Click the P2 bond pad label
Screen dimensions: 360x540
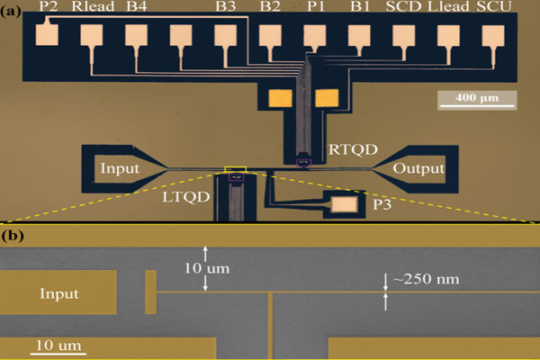tap(49, 7)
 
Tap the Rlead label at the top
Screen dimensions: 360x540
tap(92, 7)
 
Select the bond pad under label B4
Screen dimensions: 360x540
tap(137, 34)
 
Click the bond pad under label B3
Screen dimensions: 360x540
tap(227, 34)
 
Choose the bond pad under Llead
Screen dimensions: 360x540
tap(449, 34)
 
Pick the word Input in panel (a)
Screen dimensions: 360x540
tap(120, 168)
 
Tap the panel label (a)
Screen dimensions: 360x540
tap(14, 8)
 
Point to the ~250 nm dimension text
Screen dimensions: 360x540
tap(425, 279)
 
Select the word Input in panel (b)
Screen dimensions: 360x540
tap(58, 293)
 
